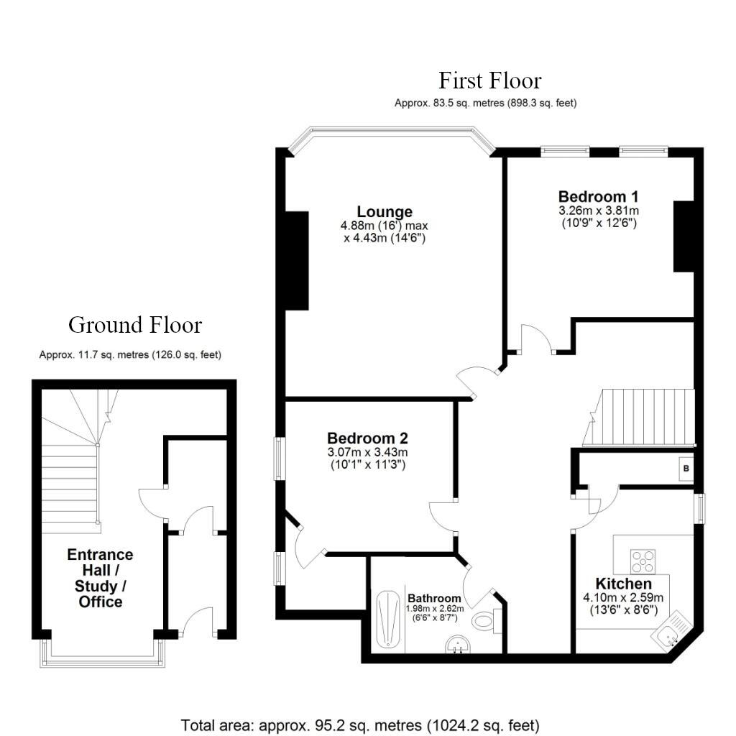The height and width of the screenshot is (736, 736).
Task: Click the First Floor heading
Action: [x=489, y=80]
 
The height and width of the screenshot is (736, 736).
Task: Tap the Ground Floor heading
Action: [x=135, y=325]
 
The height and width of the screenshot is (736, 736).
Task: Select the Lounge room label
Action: [x=385, y=211]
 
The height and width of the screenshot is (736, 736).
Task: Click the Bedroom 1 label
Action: [x=598, y=196]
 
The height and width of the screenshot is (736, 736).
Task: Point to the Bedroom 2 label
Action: [x=367, y=438]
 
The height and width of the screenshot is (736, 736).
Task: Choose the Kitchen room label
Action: [x=623, y=584]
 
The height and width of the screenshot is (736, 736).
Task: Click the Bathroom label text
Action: [x=434, y=598]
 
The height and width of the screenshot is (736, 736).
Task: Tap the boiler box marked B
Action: [x=686, y=469]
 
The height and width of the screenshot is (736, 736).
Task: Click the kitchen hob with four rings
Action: [x=643, y=560]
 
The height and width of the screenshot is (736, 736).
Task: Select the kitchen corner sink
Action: [x=671, y=633]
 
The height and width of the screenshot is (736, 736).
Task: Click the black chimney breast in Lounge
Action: [x=297, y=260]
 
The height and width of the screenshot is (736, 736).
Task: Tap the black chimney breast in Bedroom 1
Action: [x=683, y=236]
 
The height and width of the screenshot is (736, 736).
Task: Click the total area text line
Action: [x=360, y=724]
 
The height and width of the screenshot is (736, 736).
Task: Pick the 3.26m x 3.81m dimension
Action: [x=598, y=211]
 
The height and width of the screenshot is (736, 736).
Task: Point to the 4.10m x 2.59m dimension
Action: [x=623, y=597]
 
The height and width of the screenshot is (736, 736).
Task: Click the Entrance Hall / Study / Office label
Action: [x=100, y=578]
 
